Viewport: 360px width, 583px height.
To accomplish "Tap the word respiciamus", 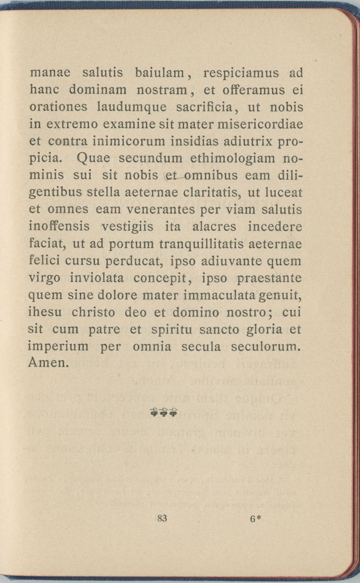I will point(241,74).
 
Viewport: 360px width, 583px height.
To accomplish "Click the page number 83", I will point(162,518).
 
